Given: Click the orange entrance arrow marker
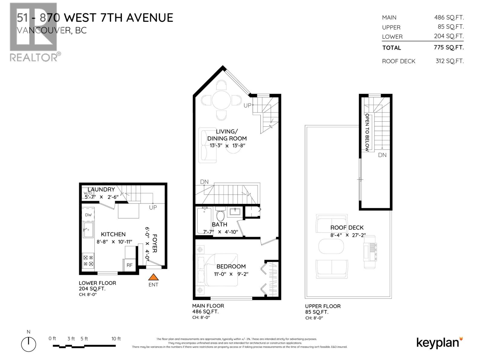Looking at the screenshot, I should (x=153, y=277).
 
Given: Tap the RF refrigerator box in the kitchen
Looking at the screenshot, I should (x=129, y=265).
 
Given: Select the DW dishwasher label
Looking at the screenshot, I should (x=88, y=215).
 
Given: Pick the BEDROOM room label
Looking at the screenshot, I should (x=231, y=267).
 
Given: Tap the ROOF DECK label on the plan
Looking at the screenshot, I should (x=347, y=227).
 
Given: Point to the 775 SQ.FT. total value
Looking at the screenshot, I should (x=449, y=47).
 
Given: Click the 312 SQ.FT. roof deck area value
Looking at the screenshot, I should (x=449, y=61).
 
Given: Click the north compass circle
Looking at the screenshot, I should (x=29, y=344).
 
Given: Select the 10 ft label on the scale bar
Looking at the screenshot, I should (x=116, y=339).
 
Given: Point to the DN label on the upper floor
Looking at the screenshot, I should (x=382, y=155).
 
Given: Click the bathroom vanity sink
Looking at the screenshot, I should (x=235, y=211).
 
